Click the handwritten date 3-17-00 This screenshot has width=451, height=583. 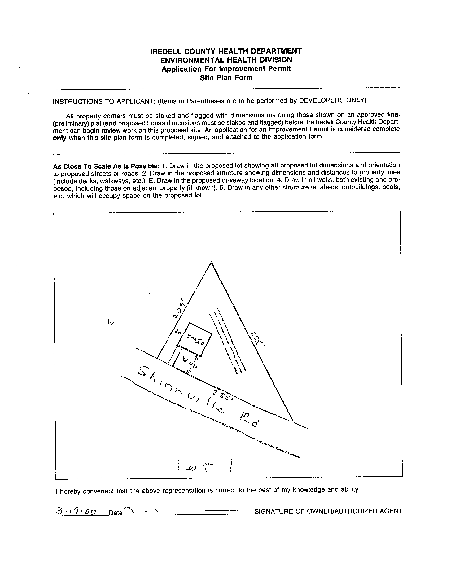coord(76,511)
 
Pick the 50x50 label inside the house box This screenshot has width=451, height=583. coord(195,340)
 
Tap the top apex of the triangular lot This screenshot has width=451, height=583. coord(211,262)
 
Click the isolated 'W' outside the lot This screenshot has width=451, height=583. coord(111,322)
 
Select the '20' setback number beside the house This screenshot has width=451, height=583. coord(178,332)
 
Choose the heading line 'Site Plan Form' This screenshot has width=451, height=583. coord(226,78)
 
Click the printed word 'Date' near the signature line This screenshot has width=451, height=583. coord(116,513)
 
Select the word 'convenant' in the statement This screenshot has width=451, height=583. coord(100,491)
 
